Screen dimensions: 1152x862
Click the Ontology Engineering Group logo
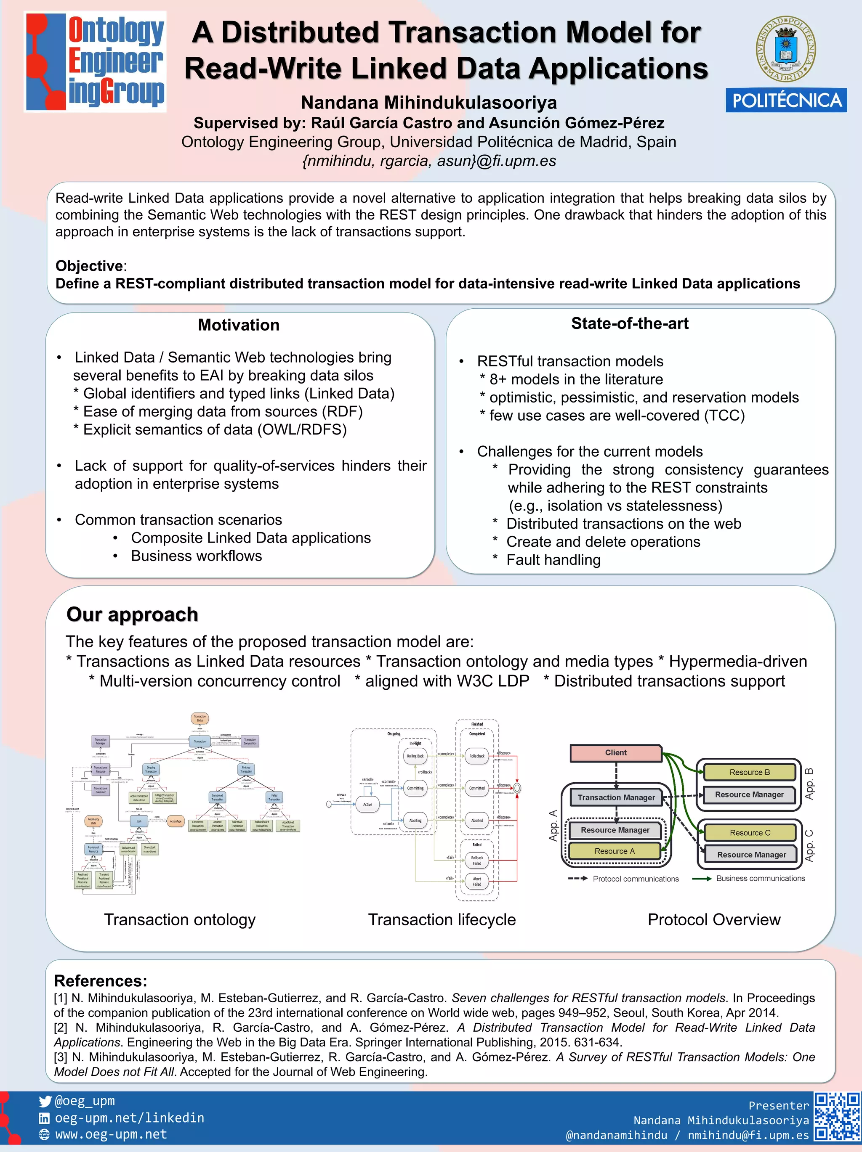click(96, 61)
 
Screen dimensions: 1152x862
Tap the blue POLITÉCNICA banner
click(786, 101)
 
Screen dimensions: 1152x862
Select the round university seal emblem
click(786, 48)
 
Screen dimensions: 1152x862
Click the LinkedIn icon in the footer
click(45, 1118)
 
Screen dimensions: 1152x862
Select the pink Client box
click(615, 752)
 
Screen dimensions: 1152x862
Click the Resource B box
click(750, 772)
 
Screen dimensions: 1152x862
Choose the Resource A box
click(615, 851)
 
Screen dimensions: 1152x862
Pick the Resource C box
click(750, 833)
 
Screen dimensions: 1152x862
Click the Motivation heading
click(239, 325)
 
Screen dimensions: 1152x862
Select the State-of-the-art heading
click(630, 323)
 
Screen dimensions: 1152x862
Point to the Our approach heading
click(133, 614)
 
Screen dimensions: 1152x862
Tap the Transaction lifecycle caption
click(442, 920)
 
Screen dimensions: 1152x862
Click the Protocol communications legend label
click(635, 879)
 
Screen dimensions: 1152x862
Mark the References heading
click(101, 981)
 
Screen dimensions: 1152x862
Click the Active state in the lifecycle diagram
click(367, 804)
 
